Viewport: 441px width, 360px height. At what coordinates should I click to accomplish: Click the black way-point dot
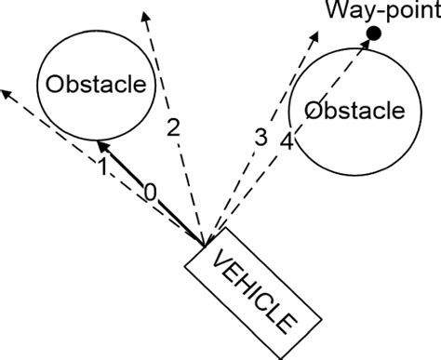372,33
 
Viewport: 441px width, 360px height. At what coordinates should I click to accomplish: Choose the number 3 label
261,137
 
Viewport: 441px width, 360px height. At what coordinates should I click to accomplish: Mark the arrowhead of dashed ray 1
6,91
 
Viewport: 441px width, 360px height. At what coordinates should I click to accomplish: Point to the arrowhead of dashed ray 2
143,13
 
